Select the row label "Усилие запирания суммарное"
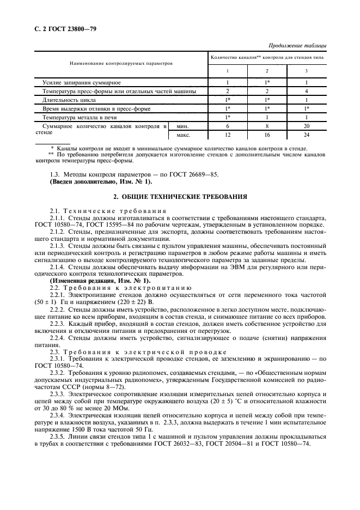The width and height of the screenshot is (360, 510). [82, 82]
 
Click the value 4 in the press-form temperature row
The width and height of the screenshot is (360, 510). [307, 91]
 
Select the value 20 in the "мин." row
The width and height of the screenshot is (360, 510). [307, 126]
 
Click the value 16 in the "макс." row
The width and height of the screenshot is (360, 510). [267, 135]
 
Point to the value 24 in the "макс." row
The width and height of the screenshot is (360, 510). [307, 135]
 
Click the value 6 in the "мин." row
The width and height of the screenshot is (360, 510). [228, 126]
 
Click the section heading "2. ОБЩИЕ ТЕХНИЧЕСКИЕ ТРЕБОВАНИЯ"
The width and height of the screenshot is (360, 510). [180, 196]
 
